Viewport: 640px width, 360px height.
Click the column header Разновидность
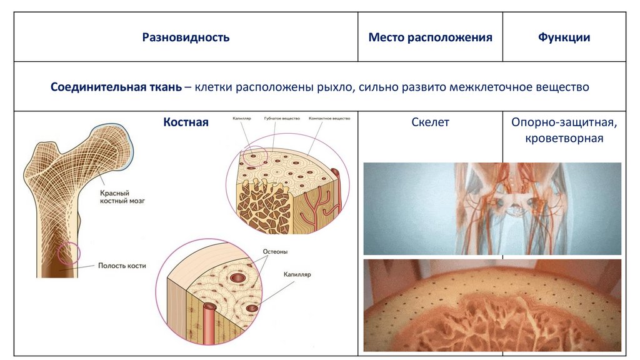pos(186,37)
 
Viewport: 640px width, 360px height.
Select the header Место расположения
pos(430,37)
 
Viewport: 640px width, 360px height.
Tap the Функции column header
pos(564,37)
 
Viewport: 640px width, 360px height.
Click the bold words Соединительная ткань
pos(117,87)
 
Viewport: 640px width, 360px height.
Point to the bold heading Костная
pos(186,122)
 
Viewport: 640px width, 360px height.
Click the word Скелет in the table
pos(430,122)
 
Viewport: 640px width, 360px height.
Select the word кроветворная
pos(564,138)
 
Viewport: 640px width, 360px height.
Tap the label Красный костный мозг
pos(122,199)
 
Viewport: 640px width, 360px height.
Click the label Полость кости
pos(122,266)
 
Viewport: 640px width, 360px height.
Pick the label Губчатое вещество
pos(282,118)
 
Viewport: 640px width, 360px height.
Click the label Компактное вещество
pos(329,118)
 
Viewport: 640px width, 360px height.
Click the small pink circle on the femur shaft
pos(68,253)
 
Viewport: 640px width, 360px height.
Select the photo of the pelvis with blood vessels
pos(492,208)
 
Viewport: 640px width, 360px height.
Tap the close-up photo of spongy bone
pos(492,305)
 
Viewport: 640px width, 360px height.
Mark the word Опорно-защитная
pos(564,122)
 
